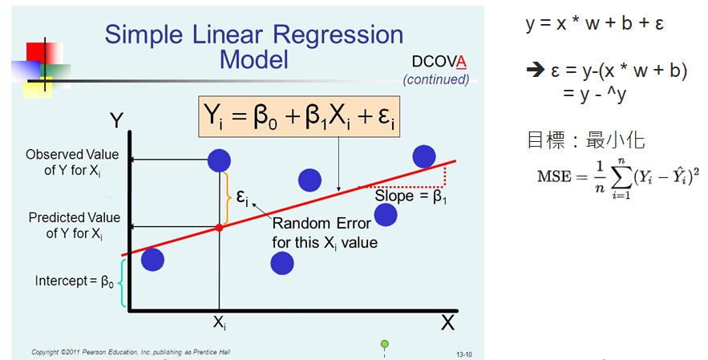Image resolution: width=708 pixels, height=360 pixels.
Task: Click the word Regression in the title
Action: [x=338, y=34]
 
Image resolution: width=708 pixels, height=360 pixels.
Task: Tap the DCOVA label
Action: [x=439, y=62]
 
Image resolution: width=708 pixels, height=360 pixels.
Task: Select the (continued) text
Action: [x=436, y=79]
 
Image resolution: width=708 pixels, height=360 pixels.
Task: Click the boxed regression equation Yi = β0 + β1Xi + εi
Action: [x=299, y=116]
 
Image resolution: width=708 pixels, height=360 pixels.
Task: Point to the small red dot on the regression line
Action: [x=219, y=228]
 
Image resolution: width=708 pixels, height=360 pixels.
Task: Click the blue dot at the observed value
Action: [x=219, y=160]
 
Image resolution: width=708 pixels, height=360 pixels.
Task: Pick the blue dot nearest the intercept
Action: [x=152, y=260]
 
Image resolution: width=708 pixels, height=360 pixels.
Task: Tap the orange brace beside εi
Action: [x=227, y=198]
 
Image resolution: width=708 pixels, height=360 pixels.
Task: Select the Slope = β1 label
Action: [x=411, y=196]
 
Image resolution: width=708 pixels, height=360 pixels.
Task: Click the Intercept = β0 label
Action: [x=75, y=281]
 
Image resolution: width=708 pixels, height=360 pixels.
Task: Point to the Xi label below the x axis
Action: [x=219, y=322]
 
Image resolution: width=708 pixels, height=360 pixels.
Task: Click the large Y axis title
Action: [x=116, y=120]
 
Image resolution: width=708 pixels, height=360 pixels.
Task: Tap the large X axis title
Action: [x=447, y=323]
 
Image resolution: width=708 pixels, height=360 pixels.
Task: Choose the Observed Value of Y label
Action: [x=72, y=163]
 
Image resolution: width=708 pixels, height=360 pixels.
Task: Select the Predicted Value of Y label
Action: [x=74, y=226]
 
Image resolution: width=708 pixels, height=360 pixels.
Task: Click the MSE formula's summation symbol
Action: [x=621, y=178]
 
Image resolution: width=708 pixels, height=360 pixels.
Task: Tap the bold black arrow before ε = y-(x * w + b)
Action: [x=536, y=70]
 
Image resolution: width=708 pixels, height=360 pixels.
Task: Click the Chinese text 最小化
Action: [x=615, y=140]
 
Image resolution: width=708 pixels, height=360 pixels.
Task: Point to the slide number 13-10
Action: [x=464, y=354]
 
